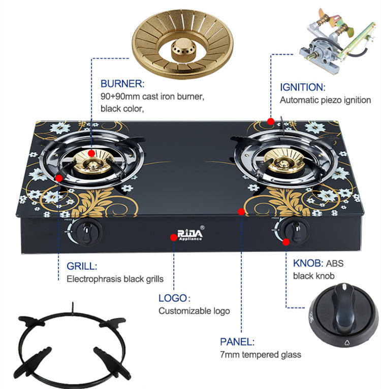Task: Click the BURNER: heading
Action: [122, 83]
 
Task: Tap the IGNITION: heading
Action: [302, 87]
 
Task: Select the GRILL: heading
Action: [82, 266]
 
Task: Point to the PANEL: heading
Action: [237, 342]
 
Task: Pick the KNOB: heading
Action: [308, 264]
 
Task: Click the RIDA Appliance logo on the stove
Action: [189, 234]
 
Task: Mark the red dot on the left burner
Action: [91, 153]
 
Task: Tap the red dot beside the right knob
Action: [286, 242]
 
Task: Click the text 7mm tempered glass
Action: [260, 355]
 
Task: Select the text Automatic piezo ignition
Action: [325, 100]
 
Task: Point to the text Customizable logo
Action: [194, 311]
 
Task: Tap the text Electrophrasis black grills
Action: [115, 279]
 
